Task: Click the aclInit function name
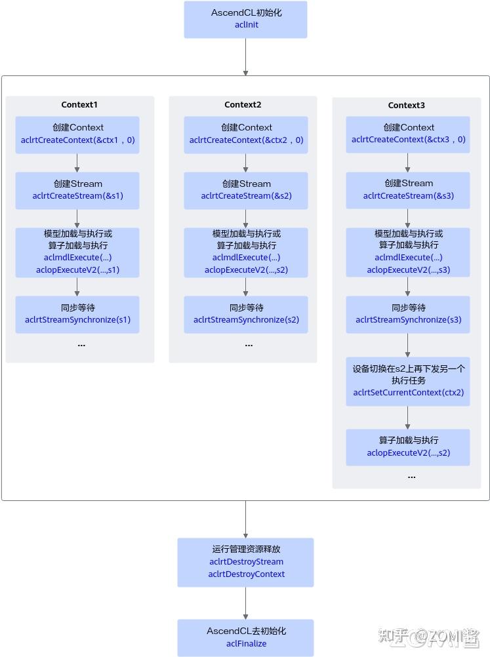point(246,25)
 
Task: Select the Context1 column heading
point(79,105)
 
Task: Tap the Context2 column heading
point(243,105)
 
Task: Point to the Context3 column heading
point(407,106)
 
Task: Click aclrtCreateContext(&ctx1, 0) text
point(77,140)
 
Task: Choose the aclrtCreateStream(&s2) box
point(246,190)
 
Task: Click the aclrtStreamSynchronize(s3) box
point(408,314)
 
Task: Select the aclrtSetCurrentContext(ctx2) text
point(408,393)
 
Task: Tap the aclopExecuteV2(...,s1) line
point(77,269)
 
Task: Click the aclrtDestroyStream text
point(246,561)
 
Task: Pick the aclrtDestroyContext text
point(246,574)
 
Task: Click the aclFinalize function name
point(246,643)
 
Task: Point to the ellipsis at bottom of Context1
point(81,345)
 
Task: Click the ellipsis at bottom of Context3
point(411,477)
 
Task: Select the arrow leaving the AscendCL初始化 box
point(246,57)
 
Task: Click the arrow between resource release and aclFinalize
point(246,603)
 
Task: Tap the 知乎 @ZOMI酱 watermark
point(430,635)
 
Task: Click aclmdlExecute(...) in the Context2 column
point(246,258)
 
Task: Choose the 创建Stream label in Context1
point(77,184)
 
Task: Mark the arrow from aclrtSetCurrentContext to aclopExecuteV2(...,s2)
point(408,417)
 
